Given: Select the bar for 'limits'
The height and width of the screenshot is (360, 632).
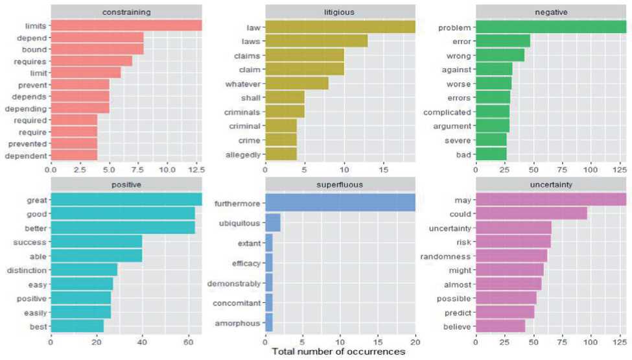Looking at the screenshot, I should [126, 25].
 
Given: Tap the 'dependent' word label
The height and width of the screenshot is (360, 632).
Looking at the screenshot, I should [27, 155].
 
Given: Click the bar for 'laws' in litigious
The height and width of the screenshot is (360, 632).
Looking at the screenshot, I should [316, 42].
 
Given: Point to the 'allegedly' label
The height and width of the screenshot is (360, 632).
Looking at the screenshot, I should [242, 155].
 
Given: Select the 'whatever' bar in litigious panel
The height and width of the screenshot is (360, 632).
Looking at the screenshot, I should [297, 84].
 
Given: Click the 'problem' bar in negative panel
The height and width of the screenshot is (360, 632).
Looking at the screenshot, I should [551, 27].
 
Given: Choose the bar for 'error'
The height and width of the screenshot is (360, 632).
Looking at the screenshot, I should [503, 42].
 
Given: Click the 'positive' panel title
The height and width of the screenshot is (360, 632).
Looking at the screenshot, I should [126, 184].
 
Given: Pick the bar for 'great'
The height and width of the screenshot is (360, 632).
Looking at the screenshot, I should [126, 199].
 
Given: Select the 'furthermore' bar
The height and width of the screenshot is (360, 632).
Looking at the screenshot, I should [340, 202].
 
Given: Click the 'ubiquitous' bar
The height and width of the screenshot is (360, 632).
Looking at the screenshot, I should [273, 222].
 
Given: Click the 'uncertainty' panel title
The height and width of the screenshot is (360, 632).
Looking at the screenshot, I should [551, 184].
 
